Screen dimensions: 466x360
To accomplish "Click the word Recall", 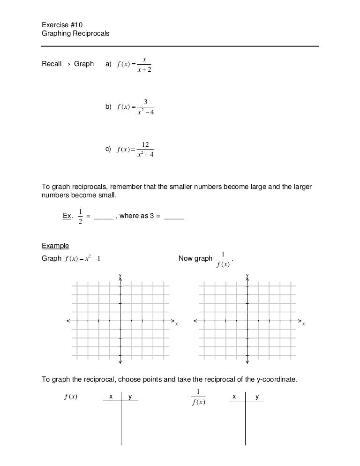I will coord(52,64).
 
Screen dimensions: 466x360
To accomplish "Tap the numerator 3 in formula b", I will coord(146,102).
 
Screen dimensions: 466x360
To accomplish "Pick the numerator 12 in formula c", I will coord(145,145).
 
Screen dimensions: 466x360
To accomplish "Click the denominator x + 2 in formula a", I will coord(145,70).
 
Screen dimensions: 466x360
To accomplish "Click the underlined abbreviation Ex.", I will coord(67,216).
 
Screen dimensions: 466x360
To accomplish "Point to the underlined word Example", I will coord(55,246).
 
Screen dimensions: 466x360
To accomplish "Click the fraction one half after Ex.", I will coord(81,216).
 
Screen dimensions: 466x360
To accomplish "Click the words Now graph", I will coord(195,258).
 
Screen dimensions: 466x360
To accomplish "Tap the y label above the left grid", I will coord(120,274).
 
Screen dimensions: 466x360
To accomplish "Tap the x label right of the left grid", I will coord(177,324).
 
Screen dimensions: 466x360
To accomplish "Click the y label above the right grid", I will coord(247,274).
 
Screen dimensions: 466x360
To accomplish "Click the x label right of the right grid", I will coord(303,324).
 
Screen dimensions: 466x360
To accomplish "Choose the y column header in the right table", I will coord(257,397).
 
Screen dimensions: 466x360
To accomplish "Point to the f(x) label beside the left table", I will coord(70,397).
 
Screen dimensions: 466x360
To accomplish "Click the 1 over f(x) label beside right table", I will coord(198,398).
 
